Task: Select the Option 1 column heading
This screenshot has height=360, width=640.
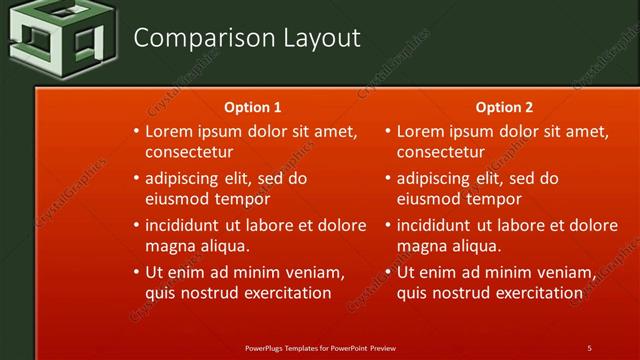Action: pyautogui.click(x=254, y=107)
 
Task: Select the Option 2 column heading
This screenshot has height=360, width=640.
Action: pyautogui.click(x=504, y=107)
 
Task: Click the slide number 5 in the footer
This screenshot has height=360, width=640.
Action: pyautogui.click(x=589, y=347)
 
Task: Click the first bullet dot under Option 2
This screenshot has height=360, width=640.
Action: pyautogui.click(x=388, y=132)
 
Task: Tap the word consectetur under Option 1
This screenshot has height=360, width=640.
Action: pyautogui.click(x=189, y=153)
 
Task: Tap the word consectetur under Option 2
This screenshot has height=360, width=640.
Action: pyautogui.click(x=440, y=153)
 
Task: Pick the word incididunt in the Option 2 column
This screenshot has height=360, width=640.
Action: pyautogui.click(x=437, y=225)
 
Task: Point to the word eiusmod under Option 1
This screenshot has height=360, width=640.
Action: pyautogui.click(x=180, y=199)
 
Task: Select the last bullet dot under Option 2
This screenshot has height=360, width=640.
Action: pyautogui.click(x=388, y=272)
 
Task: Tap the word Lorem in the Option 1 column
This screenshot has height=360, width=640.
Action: pyautogui.click(x=168, y=131)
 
